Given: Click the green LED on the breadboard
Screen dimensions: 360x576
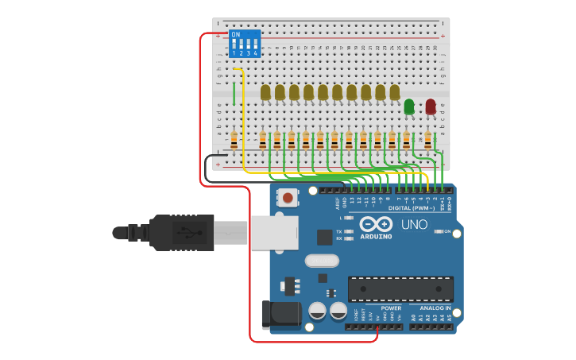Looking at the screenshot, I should (x=409, y=106).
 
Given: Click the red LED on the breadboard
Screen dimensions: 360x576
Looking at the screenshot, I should (x=431, y=106).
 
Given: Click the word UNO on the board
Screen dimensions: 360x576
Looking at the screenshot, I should (x=413, y=225).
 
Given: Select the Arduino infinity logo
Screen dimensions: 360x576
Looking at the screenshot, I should (x=376, y=224).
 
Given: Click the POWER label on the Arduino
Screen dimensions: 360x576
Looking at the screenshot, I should (x=390, y=308).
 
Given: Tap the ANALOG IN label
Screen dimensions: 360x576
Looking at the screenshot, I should (x=435, y=308).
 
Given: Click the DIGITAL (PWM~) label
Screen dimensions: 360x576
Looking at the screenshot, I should (x=411, y=208).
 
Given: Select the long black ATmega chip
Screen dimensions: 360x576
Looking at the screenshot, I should (x=400, y=288).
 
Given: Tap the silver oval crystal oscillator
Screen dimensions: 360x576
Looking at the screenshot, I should (x=321, y=260).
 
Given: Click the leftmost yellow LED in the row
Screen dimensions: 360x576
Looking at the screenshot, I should (x=265, y=93).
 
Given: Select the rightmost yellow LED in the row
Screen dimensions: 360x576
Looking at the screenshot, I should (x=394, y=93).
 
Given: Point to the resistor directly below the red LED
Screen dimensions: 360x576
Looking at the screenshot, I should (x=428, y=141).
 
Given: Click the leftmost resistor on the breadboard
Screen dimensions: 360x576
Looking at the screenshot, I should (x=234, y=141).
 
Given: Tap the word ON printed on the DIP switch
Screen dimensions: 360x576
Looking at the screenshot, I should (x=236, y=35).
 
